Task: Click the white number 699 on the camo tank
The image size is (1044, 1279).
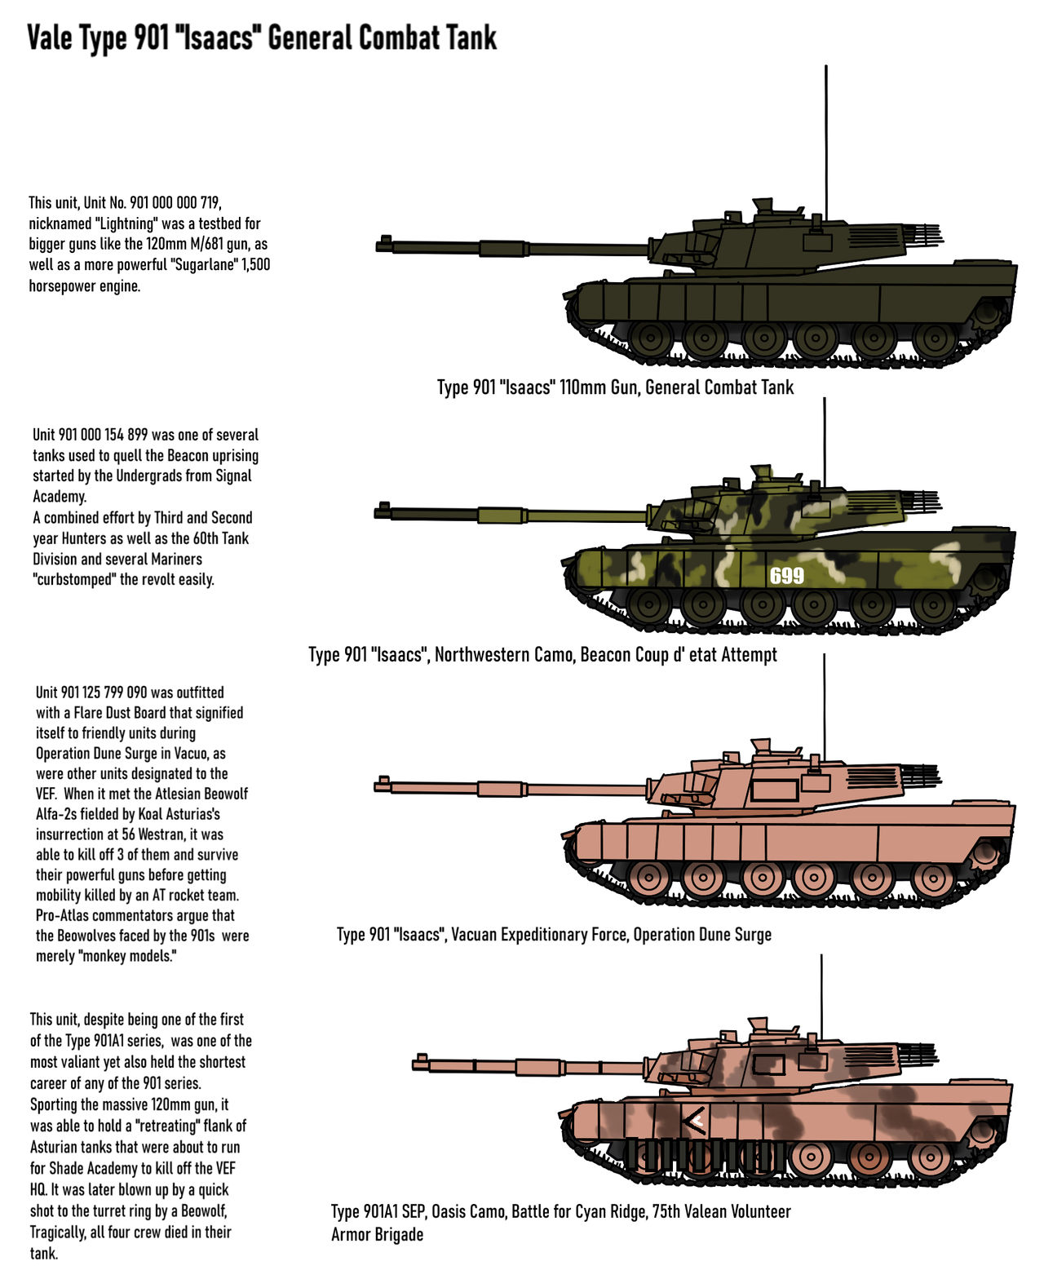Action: (x=787, y=576)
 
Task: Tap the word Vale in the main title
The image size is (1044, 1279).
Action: (x=50, y=38)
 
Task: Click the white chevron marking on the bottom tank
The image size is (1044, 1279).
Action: (x=694, y=1122)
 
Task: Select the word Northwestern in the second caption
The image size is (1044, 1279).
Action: (x=482, y=655)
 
